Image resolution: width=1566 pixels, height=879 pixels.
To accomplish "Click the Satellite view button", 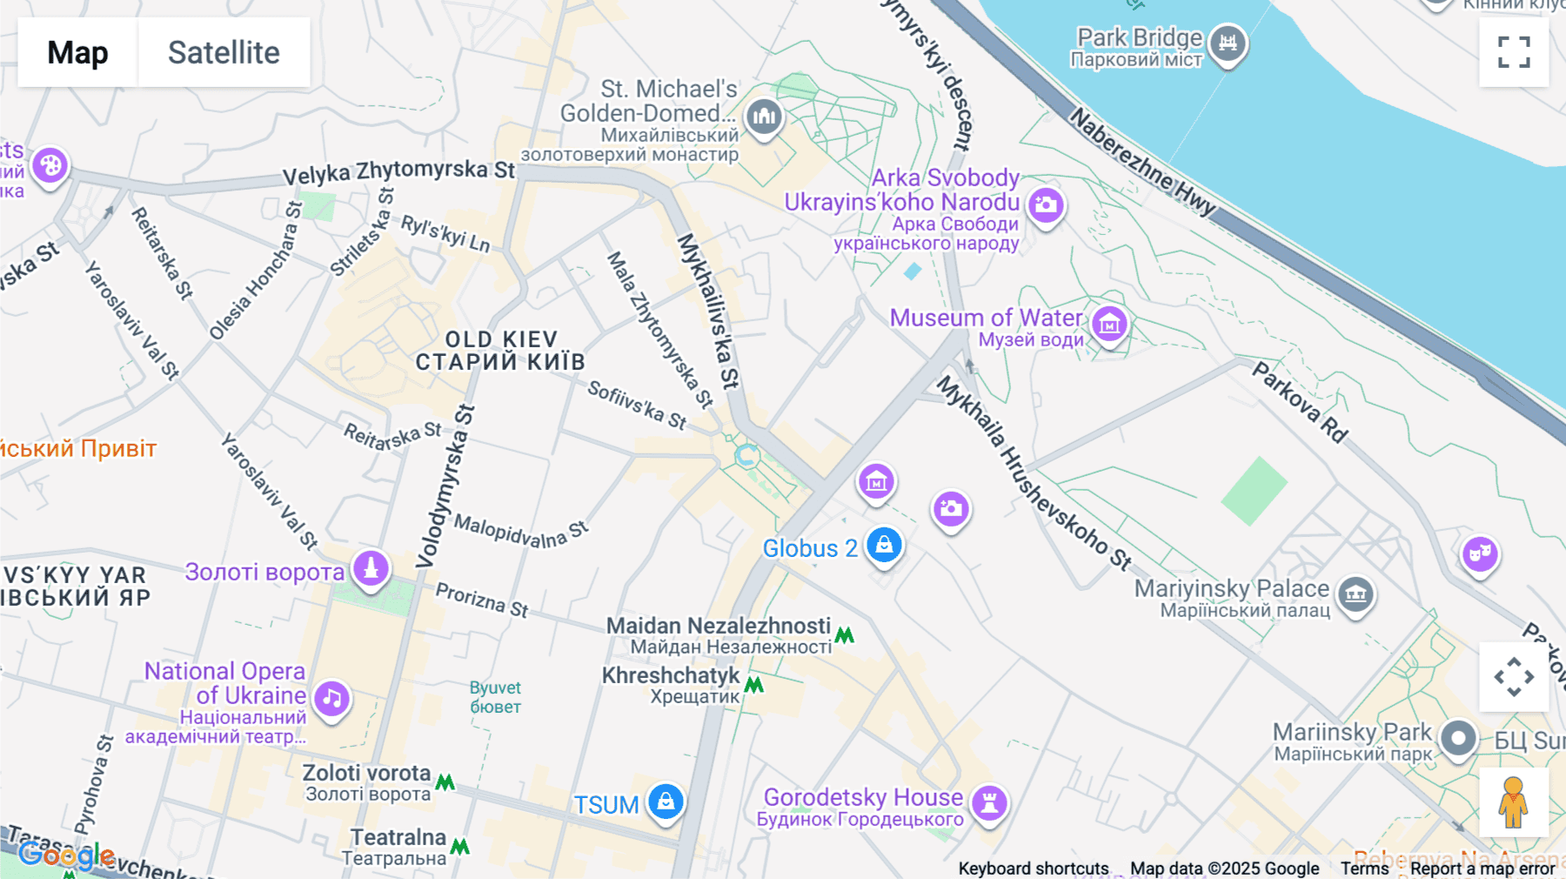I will (224, 52).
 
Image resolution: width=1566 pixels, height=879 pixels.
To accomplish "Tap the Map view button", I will (77, 52).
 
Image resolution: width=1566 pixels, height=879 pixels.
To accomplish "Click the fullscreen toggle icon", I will (1514, 52).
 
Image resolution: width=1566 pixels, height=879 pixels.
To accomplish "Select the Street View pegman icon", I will (1513, 802).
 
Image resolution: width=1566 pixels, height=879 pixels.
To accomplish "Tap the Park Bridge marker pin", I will (1228, 43).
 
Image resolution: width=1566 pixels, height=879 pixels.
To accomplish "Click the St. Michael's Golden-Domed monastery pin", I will (764, 116).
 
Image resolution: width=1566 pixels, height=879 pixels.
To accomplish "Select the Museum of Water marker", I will (1109, 325).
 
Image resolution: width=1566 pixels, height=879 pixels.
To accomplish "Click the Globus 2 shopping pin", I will (884, 546).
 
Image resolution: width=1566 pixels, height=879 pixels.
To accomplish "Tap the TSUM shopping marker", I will (666, 802).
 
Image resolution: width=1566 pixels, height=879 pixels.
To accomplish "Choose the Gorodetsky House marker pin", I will (989, 802).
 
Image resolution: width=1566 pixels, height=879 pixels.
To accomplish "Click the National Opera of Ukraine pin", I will (331, 698).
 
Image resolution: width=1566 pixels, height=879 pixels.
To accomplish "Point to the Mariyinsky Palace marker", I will (1355, 595).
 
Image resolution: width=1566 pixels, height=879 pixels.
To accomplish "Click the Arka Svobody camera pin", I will (1046, 206).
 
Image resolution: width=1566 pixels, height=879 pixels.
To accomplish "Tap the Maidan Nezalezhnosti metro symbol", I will (844, 635).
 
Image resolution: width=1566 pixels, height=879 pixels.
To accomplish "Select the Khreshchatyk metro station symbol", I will (754, 685).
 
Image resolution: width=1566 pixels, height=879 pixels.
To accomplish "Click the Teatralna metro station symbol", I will (459, 846).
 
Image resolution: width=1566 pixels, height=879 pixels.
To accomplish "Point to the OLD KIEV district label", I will (500, 350).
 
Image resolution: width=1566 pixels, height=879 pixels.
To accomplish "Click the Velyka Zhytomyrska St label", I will (398, 171).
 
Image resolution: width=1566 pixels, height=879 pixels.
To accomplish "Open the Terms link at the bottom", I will (1364, 868).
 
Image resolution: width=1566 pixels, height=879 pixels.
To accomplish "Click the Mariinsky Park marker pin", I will (1458, 739).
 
